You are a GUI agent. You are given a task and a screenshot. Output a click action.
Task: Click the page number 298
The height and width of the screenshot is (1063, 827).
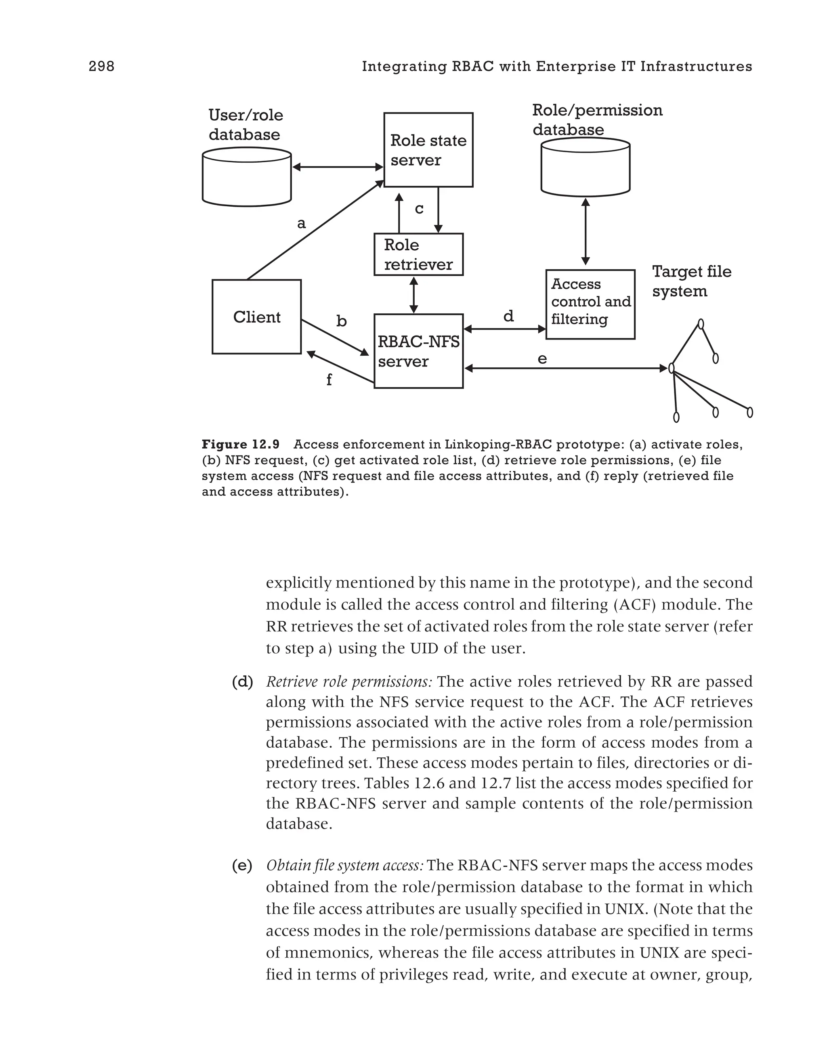(x=101, y=66)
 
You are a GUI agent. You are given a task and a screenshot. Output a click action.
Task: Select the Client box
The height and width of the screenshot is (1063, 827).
(x=256, y=317)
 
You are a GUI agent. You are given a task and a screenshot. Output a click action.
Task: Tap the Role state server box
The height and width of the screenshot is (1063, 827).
(x=428, y=150)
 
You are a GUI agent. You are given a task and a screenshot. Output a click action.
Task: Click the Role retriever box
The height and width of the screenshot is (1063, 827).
(x=418, y=255)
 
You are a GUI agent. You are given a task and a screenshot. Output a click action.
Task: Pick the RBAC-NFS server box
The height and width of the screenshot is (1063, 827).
(x=418, y=351)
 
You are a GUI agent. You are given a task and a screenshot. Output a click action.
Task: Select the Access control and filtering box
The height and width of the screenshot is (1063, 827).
(x=590, y=304)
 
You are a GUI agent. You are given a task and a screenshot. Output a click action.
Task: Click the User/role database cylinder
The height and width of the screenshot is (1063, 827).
(x=247, y=177)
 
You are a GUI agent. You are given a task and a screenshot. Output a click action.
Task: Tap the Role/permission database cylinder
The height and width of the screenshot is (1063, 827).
(x=585, y=166)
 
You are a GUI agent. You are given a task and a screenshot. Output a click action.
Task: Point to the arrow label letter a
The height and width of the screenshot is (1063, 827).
(x=301, y=223)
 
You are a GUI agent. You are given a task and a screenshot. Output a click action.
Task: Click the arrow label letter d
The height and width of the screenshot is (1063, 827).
(x=508, y=317)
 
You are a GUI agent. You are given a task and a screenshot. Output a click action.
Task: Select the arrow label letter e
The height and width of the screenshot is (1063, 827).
(x=542, y=359)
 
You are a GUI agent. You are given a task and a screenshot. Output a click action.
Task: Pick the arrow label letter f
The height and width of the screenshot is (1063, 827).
(x=329, y=379)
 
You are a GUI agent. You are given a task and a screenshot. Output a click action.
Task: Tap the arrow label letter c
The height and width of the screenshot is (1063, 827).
(x=419, y=209)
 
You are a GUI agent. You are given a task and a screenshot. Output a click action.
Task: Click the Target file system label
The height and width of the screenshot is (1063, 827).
(x=691, y=281)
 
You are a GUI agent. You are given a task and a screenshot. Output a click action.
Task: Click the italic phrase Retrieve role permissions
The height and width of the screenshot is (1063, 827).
(x=348, y=681)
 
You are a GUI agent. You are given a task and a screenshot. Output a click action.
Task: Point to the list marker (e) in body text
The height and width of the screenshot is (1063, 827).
(x=242, y=866)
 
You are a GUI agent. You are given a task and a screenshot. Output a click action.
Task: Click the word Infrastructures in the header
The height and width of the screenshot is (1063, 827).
(x=696, y=66)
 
